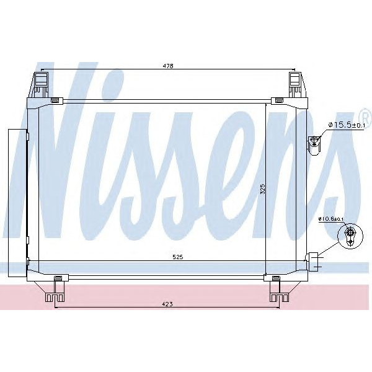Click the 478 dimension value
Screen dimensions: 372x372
coord(168,66)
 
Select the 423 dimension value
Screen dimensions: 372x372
coord(168,304)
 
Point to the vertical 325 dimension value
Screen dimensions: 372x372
coord(262,188)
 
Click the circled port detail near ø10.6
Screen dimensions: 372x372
coord(349,236)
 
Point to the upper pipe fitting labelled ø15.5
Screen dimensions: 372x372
coord(314,143)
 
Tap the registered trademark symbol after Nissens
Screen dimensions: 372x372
coord(365,116)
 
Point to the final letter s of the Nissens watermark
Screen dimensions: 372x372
coord(332,186)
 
